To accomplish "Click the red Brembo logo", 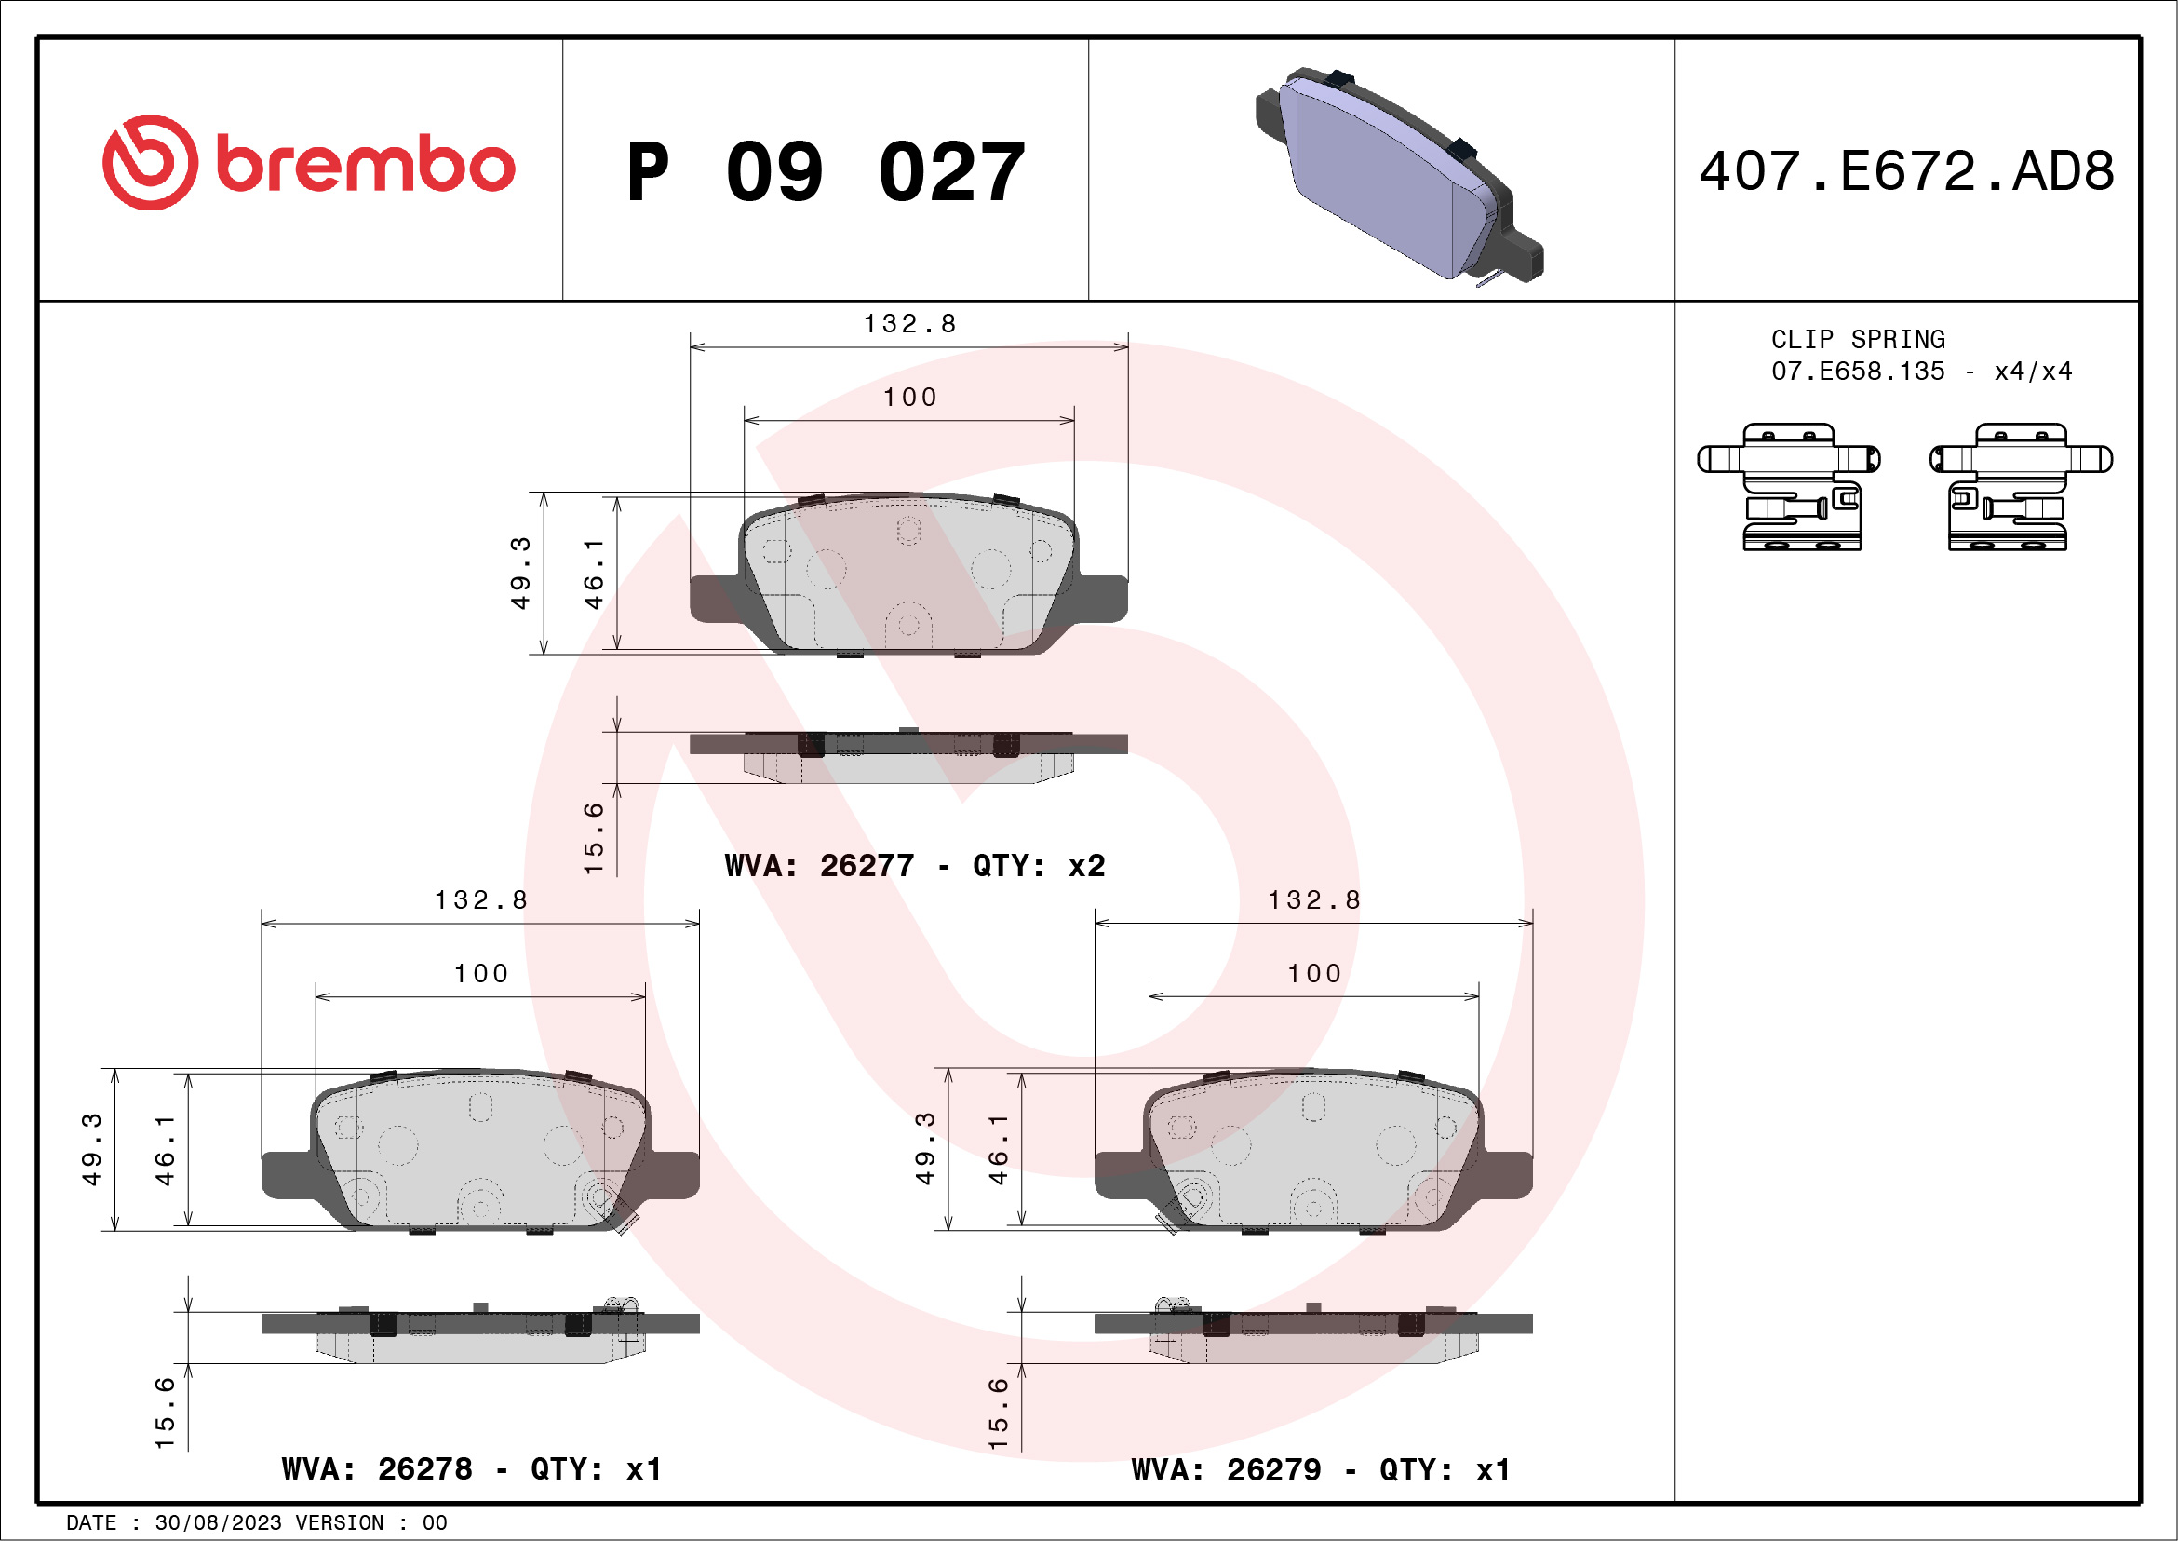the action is click(x=308, y=163).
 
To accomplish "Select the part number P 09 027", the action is click(x=826, y=171).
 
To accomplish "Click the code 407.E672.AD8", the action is click(x=1907, y=171).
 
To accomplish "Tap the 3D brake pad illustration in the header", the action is click(x=1399, y=176).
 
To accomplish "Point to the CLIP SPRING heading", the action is click(x=1859, y=340).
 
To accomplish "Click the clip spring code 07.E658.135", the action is click(x=1859, y=371).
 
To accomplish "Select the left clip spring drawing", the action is click(x=1789, y=487).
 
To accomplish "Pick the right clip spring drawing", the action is click(x=2022, y=487).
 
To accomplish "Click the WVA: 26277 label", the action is click(x=820, y=865).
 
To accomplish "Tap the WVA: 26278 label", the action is click(x=377, y=1469).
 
